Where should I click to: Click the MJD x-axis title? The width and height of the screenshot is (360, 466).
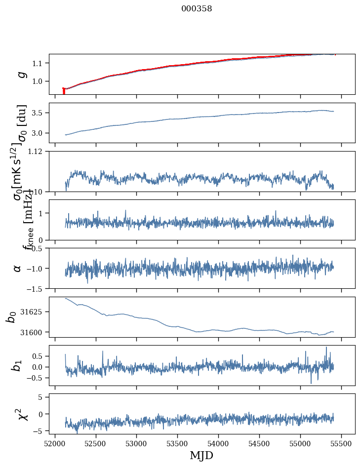tap(201, 455)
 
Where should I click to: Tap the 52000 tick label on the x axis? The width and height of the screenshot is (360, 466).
tap(55, 443)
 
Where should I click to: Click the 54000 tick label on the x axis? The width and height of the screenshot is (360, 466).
tap(218, 443)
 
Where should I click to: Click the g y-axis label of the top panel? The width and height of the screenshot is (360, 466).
tap(21, 74)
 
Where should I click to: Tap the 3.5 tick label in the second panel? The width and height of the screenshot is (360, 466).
tap(39, 113)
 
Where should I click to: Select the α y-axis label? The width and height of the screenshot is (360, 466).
tap(18, 268)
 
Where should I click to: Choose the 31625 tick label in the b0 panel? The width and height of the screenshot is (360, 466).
tap(34, 312)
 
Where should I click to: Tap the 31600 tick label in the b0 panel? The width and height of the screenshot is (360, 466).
tap(34, 332)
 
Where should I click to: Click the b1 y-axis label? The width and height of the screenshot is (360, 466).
tap(17, 365)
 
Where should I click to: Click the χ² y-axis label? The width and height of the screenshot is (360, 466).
tap(21, 414)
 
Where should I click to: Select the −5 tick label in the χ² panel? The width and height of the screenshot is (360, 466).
tap(40, 431)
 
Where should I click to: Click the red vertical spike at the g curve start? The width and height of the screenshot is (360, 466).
tap(64, 91)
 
